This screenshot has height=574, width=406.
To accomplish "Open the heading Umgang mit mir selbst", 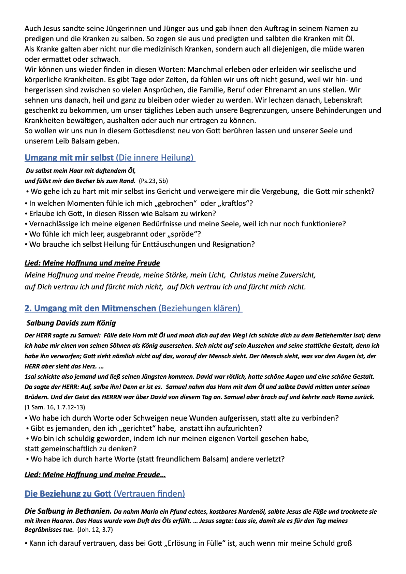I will coord(69,157).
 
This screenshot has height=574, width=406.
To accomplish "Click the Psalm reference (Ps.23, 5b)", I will coord(153,181).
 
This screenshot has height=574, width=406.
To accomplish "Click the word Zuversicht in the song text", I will coord(298,275).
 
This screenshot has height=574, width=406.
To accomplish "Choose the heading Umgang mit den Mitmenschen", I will coord(90,308).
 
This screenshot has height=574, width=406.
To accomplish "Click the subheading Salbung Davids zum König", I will coord(71,323).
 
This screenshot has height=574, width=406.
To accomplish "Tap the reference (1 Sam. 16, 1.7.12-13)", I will coord(55,407).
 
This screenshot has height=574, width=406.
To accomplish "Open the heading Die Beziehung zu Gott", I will coord(68,494).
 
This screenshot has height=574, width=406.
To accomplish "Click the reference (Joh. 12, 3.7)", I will coord(95,530).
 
